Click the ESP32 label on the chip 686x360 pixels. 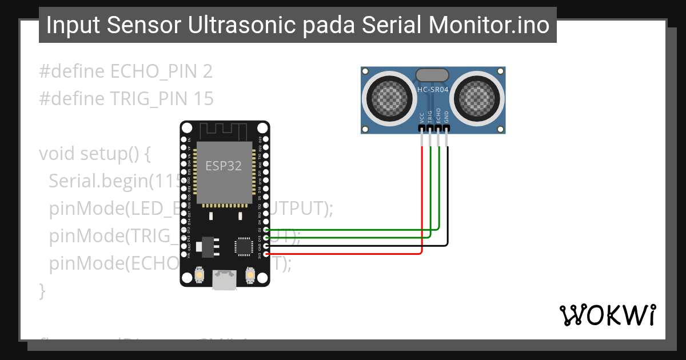tap(224, 166)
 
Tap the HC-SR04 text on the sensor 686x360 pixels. tap(432, 90)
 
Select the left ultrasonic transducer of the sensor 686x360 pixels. tap(390, 95)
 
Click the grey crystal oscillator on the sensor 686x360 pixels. tap(432, 75)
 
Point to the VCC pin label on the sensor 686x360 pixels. tap(422, 118)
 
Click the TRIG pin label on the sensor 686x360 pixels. tap(430, 117)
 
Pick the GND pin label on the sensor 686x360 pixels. tap(447, 117)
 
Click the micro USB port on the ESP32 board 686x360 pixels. tap(224, 280)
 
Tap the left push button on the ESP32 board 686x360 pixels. tap(199, 275)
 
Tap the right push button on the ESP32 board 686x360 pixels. tap(250, 275)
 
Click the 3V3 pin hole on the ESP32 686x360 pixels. tap(265, 254)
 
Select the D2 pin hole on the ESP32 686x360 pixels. tap(265, 229)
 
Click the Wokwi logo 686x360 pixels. tap(608, 315)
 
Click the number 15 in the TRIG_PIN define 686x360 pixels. tap(202, 99)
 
